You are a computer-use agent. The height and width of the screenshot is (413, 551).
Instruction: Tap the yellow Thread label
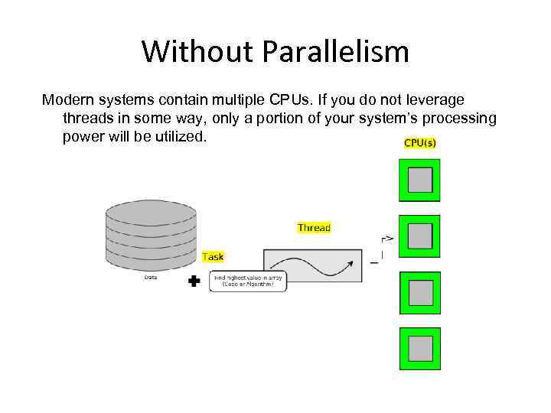(314, 227)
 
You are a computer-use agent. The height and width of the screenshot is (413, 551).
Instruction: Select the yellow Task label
(213, 257)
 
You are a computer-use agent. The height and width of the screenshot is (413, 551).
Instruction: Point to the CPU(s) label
(420, 143)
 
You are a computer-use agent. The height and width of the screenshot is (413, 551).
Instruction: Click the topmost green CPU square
(420, 180)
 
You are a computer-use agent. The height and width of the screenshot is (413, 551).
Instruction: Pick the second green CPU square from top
(420, 236)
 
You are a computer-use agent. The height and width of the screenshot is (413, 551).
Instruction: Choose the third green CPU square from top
(420, 293)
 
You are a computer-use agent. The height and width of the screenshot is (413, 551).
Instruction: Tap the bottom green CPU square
(420, 349)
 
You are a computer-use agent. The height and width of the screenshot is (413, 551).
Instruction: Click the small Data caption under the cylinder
(151, 277)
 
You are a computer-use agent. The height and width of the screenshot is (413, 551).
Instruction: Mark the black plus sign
(194, 281)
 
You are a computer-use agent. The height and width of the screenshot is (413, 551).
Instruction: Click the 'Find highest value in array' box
(248, 281)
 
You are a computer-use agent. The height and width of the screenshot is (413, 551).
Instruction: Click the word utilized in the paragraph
(179, 138)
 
